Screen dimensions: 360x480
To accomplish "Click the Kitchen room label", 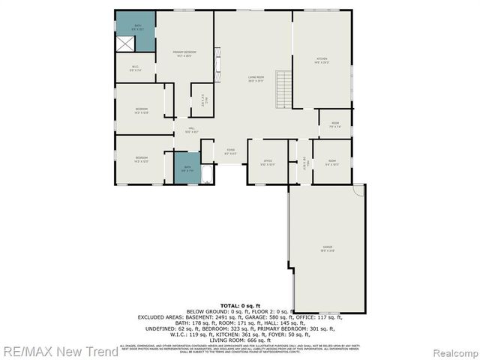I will [322, 60].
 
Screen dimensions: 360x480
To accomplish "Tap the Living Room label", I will [256, 79].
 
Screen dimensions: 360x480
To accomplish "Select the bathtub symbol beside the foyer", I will [208, 174].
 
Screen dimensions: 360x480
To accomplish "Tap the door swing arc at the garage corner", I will [360, 190].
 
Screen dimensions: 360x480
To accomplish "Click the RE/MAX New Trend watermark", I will [59, 351].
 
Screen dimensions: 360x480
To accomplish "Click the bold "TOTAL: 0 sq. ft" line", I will [240, 307].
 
